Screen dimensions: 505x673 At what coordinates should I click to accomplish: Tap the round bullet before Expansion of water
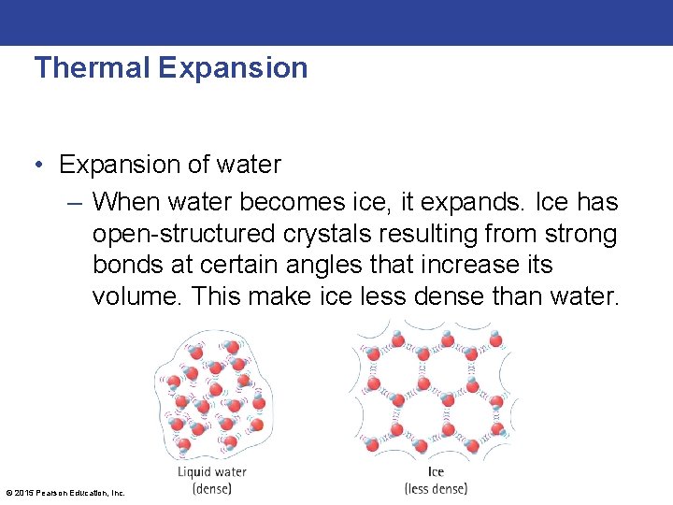tap(38, 166)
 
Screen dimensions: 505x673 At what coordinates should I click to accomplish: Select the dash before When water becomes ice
tap(76, 202)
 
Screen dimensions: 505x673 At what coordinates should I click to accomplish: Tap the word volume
tap(136, 297)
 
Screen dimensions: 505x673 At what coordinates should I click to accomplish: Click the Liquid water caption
tap(212, 472)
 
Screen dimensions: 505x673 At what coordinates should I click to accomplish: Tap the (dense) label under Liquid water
tap(211, 488)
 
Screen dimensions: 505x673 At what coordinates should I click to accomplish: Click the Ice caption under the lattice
tap(436, 472)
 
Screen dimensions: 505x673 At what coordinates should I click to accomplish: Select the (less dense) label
tap(436, 488)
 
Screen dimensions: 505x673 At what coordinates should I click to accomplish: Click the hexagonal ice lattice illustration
tap(433, 389)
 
